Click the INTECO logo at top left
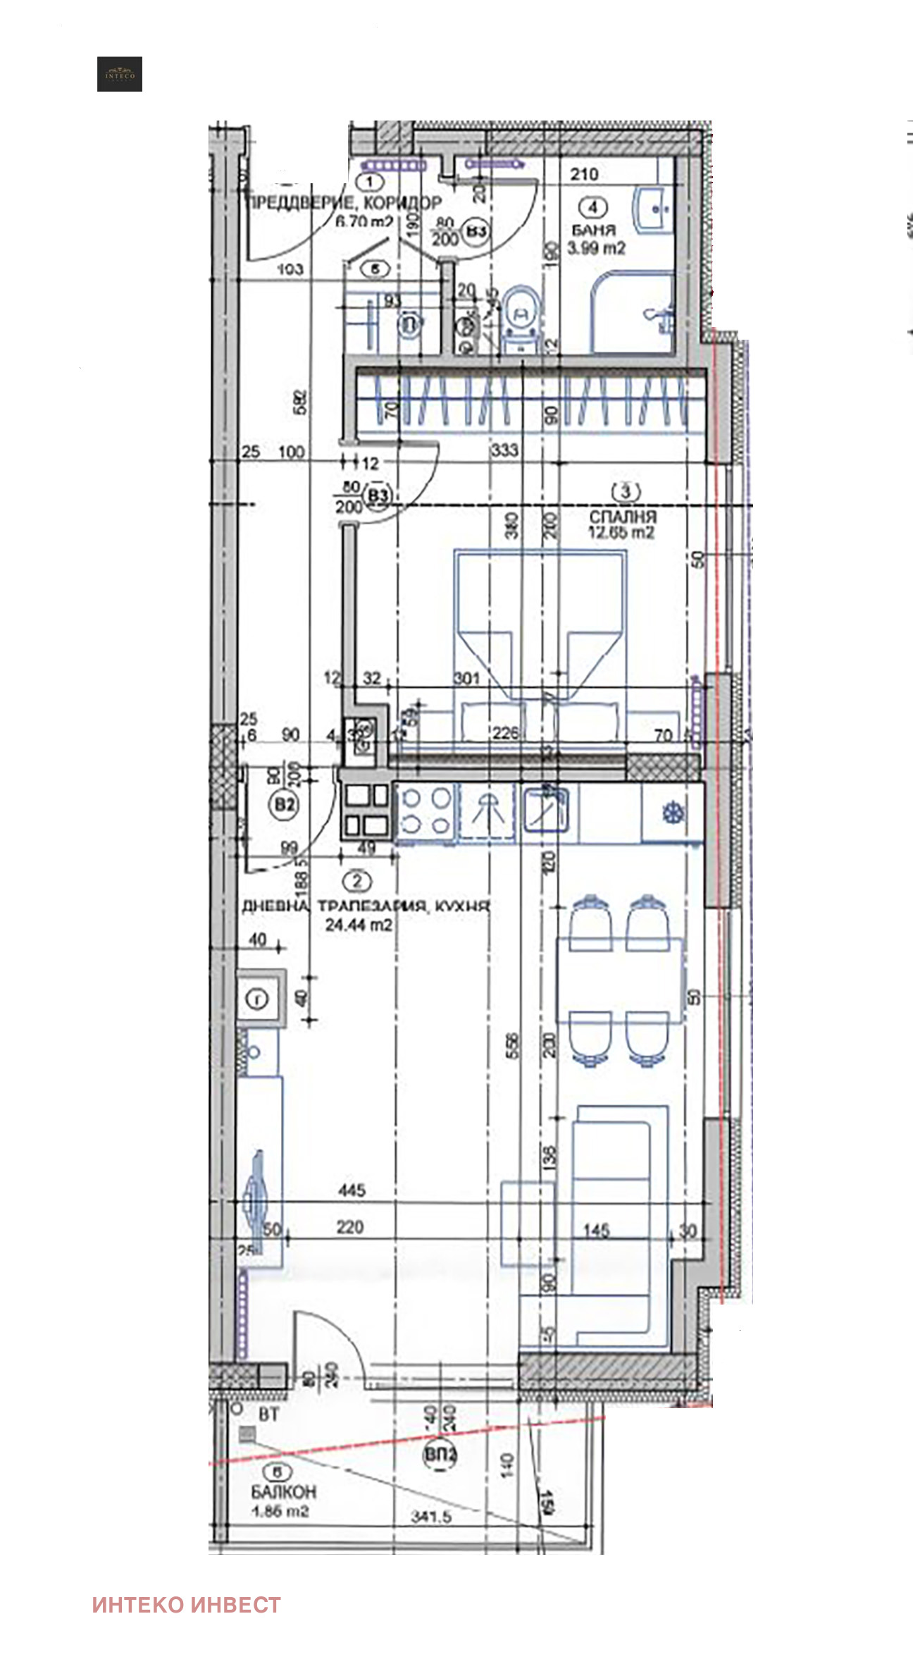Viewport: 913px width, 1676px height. tap(120, 74)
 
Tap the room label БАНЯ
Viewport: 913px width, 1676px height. tap(593, 230)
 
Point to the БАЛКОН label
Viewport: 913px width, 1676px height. tap(283, 1491)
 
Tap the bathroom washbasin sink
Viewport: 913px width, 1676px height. tap(654, 209)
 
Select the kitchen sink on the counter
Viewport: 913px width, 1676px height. tap(546, 811)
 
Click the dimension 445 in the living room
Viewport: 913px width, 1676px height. tap(352, 1190)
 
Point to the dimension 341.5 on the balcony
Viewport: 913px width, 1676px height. tap(430, 1515)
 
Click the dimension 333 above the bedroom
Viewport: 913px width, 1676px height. tap(504, 450)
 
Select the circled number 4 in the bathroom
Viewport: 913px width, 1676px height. tap(593, 207)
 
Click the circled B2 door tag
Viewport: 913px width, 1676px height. tap(285, 804)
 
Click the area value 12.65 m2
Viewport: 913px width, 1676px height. tap(621, 532)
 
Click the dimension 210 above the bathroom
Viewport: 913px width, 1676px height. tap(584, 173)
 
